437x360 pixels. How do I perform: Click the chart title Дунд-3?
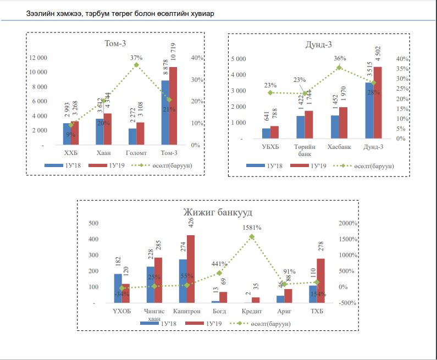pos(318,44)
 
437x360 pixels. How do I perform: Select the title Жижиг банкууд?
pos(218,212)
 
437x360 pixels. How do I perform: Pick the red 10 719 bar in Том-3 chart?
pos(173,106)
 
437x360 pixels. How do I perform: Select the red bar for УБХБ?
pos(274,132)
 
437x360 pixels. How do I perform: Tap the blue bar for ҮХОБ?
pos(118,288)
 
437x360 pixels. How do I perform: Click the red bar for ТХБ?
pos(321,281)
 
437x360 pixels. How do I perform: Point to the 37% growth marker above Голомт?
pos(137,65)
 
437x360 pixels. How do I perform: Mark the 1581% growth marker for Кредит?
pos(252,237)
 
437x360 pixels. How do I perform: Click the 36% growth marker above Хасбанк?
pos(339,68)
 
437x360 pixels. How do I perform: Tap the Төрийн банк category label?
pos(304,150)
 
